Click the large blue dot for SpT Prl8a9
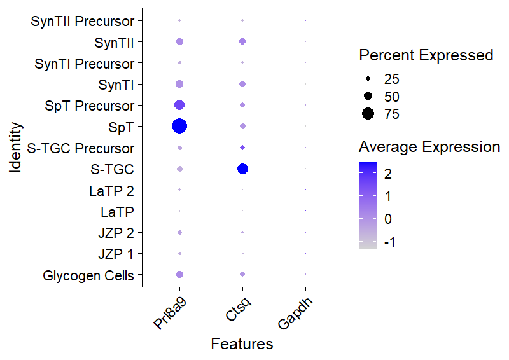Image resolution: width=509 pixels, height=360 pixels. [x=179, y=126]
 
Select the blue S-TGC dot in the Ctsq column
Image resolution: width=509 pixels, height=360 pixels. [x=242, y=169]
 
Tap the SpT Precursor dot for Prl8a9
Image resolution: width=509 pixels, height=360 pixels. [x=179, y=105]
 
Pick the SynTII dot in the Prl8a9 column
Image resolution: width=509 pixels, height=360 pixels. [x=179, y=42]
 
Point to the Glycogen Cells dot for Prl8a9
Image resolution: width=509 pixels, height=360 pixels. [x=179, y=274]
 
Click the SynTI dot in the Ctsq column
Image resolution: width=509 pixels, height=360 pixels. [x=242, y=84]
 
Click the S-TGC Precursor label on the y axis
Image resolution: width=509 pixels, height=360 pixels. [x=81, y=148]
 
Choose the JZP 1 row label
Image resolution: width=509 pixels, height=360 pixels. [x=116, y=254]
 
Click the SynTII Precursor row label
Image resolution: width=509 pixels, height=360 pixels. [x=83, y=22]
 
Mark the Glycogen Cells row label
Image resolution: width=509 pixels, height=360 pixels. [x=88, y=275]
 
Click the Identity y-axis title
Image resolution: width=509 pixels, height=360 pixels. [x=17, y=148]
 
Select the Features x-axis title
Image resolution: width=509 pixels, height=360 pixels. [x=242, y=344]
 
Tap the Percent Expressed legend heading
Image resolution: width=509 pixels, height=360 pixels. [x=426, y=55]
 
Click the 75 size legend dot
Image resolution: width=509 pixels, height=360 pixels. [x=368, y=114]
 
